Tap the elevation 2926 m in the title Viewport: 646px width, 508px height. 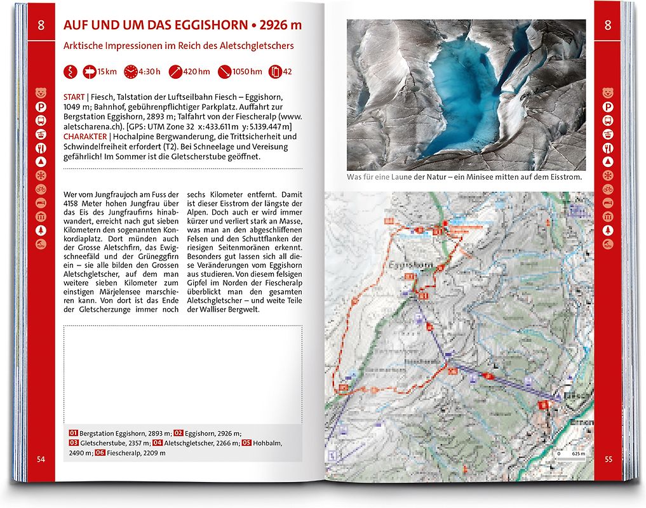click(x=280, y=26)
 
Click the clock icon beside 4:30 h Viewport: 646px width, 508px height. click(x=131, y=72)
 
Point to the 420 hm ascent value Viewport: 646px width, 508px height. click(x=196, y=72)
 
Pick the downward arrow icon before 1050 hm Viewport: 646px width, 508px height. click(x=224, y=72)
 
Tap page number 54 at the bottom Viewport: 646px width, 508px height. click(x=41, y=459)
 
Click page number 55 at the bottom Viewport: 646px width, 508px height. click(x=609, y=459)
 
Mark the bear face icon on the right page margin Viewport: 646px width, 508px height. click(x=608, y=93)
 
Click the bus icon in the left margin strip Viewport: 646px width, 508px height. click(x=41, y=121)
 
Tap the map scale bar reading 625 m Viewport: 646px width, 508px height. click(x=569, y=455)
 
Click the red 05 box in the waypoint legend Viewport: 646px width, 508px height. click(x=246, y=443)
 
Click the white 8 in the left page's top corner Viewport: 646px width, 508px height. click(x=41, y=25)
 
